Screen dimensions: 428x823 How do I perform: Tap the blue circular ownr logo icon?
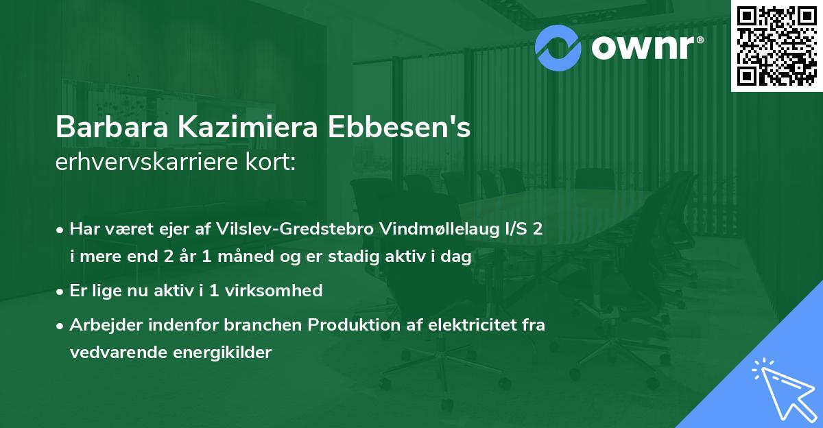click(559, 46)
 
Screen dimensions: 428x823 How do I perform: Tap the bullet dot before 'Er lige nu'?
click(61, 291)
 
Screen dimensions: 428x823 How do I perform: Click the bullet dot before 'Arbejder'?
click(61, 325)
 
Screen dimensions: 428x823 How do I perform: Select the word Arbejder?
click(101, 324)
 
